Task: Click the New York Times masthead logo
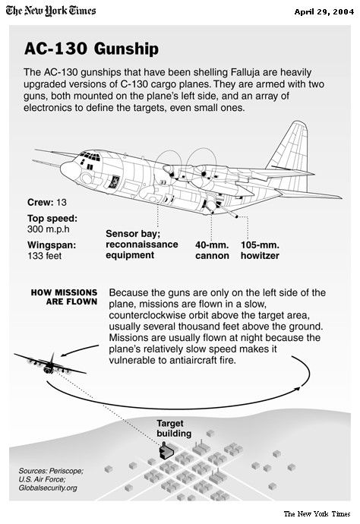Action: [x=51, y=11]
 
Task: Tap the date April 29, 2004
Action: [x=324, y=12]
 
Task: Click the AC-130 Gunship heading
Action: [x=91, y=49]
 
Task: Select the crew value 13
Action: [x=62, y=203]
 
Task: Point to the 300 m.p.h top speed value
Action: [x=49, y=229]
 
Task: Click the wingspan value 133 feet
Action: [x=45, y=256]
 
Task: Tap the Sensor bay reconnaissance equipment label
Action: [x=142, y=245]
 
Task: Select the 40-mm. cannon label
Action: [x=212, y=250]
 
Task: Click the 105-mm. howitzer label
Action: [x=260, y=250]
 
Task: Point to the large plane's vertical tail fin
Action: [x=291, y=147]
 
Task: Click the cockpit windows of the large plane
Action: [x=90, y=156]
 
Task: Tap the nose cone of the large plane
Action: [x=69, y=170]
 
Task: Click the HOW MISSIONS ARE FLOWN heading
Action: [x=65, y=297]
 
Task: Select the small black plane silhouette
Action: [x=50, y=365]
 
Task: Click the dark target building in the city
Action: [x=166, y=450]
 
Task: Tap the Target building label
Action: [x=174, y=428]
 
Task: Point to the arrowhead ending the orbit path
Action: [x=298, y=388]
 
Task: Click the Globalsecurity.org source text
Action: [x=48, y=488]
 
